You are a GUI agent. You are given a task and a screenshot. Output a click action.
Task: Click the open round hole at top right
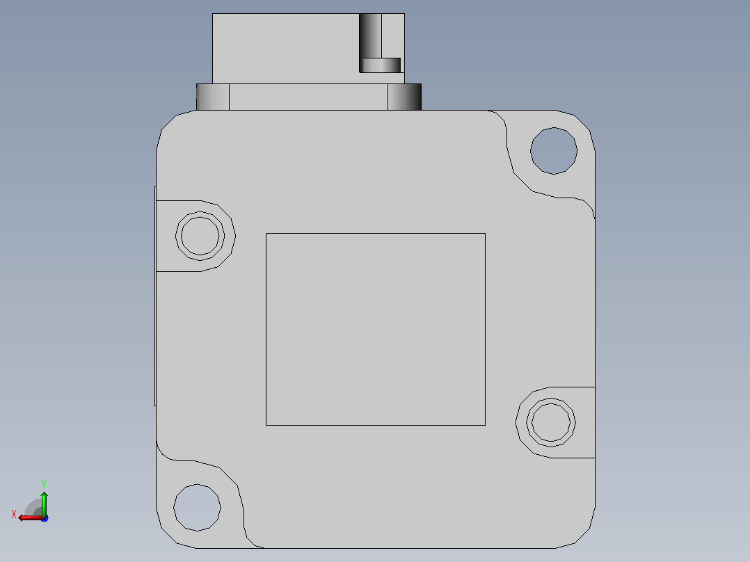point(553,151)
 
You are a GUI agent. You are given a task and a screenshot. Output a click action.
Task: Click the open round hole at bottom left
point(197,507)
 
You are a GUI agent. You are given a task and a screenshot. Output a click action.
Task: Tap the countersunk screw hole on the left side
point(200,236)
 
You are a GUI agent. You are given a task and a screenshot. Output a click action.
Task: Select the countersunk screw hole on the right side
point(550,422)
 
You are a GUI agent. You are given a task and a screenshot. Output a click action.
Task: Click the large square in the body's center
point(376,329)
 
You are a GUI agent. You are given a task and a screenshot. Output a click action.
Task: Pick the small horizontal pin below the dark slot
point(381,65)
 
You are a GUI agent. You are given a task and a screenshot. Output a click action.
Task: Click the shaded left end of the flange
point(213,97)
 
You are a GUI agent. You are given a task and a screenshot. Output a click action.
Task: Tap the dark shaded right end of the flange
point(405,97)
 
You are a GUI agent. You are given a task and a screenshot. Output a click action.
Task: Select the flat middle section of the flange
point(308,97)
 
